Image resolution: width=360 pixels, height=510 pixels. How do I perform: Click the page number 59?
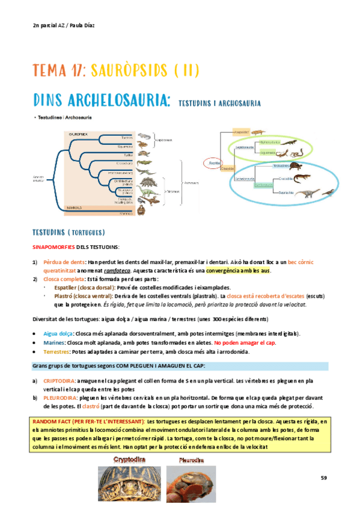pyautogui.click(x=323, y=478)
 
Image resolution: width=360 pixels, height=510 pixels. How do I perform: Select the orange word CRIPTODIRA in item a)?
pyautogui.click(x=60, y=381)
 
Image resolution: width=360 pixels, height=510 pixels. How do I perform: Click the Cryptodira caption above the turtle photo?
pyautogui.click(x=131, y=459)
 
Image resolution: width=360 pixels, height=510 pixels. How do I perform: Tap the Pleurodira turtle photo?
pyautogui.click(x=190, y=484)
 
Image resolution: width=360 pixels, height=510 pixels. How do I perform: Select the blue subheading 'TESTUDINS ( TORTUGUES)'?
pyautogui.click(x=69, y=232)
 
